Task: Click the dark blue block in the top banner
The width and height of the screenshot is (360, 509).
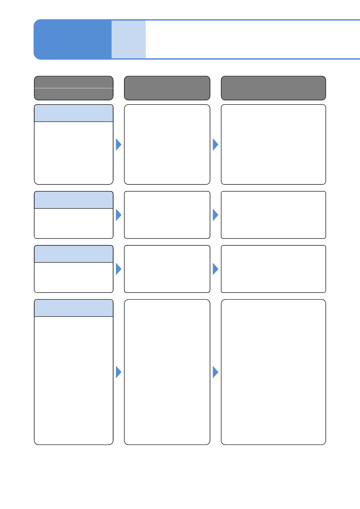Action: click(x=73, y=39)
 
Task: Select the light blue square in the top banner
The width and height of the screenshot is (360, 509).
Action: click(x=129, y=39)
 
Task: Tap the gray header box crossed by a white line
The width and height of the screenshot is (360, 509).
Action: click(x=74, y=88)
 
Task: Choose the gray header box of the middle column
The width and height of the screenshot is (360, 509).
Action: click(x=167, y=88)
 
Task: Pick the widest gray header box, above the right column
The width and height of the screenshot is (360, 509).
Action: click(x=273, y=88)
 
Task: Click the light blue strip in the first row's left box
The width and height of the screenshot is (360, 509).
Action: click(x=74, y=113)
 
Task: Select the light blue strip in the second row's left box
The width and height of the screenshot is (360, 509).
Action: click(x=74, y=200)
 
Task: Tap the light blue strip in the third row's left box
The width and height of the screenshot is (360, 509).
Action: click(x=74, y=254)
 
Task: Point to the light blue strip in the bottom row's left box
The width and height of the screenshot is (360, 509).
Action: click(x=74, y=308)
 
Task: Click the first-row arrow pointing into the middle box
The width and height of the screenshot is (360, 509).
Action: click(x=118, y=144)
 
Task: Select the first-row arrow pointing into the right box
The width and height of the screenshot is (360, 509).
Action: click(x=215, y=144)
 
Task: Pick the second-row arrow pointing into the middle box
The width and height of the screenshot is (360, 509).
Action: click(x=118, y=215)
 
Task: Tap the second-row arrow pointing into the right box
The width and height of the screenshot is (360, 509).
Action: click(x=215, y=215)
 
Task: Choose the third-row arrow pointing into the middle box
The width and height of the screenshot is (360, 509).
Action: click(x=118, y=269)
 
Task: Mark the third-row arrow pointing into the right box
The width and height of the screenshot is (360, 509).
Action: click(x=215, y=269)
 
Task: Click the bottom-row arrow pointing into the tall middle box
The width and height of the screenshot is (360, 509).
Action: click(x=118, y=372)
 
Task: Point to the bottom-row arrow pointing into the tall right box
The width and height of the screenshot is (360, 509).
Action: click(x=215, y=372)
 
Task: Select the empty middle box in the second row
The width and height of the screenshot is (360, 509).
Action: click(x=167, y=215)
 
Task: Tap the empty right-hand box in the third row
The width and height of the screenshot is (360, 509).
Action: click(x=273, y=269)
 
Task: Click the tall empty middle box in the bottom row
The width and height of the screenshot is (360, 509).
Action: click(x=167, y=372)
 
